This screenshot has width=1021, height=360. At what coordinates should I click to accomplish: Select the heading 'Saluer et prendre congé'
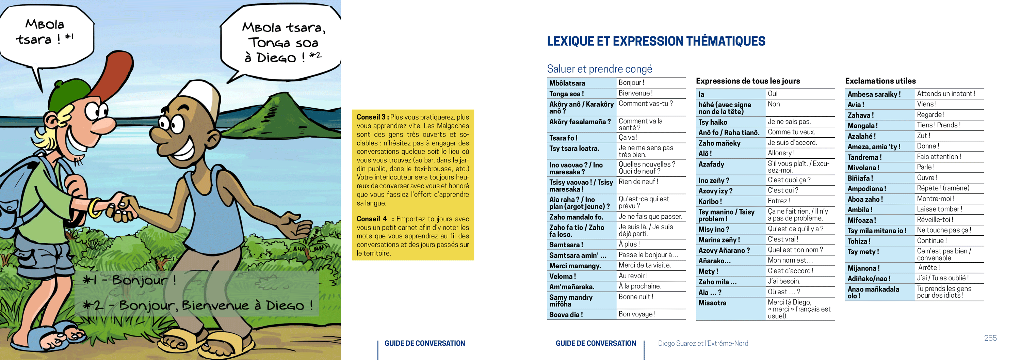(x=599, y=69)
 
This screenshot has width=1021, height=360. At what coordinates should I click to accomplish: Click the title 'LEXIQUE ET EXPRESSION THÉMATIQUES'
(x=656, y=41)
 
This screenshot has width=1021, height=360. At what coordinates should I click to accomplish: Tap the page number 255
(x=990, y=338)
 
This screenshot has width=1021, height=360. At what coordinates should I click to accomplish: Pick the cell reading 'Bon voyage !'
(x=637, y=314)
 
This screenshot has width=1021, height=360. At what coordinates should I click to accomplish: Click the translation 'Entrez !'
(x=779, y=201)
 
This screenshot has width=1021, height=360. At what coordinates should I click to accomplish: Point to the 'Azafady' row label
(x=711, y=164)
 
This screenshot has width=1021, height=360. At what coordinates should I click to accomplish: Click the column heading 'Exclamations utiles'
(x=880, y=81)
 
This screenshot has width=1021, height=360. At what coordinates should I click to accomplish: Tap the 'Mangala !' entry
(x=862, y=126)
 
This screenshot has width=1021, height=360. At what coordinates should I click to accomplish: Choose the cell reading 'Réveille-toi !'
(x=935, y=220)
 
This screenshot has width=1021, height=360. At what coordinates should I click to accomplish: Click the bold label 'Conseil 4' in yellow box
(x=371, y=219)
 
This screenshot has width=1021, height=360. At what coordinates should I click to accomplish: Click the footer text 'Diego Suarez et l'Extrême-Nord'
(x=703, y=343)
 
